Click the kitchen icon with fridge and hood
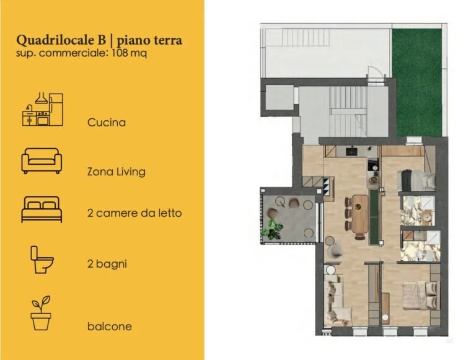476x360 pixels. point(42,110)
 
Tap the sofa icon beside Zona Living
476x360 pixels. point(42,160)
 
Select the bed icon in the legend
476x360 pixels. point(42,210)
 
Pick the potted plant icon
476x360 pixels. point(41,313)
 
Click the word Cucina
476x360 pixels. point(107,122)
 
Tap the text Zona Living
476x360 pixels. point(117,172)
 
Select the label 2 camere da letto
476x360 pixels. point(134,213)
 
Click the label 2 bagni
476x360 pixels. point(107,263)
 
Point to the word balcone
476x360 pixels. point(109,326)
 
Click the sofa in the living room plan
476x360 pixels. point(335,297)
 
